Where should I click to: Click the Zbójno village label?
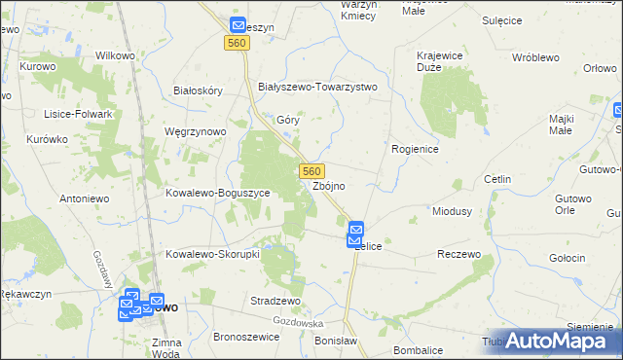pos(329,185)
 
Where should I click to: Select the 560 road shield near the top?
pos(236,44)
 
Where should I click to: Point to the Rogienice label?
pos(416,149)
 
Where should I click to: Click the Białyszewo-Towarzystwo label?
pos(316,87)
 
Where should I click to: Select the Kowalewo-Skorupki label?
pos(211,254)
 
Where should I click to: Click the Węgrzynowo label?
pos(196,131)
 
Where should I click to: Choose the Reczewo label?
pos(459,254)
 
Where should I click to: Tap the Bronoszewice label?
pos(246,337)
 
